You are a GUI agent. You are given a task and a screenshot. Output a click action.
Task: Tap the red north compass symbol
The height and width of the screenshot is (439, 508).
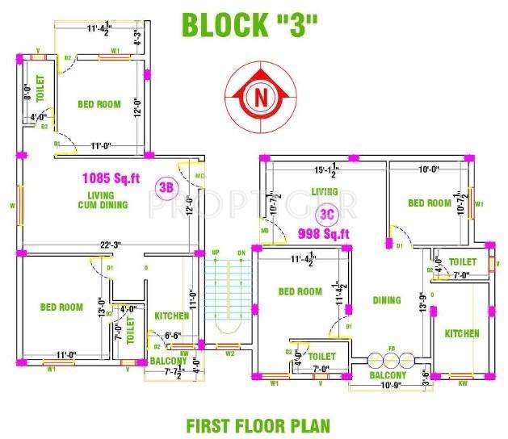coord(260,97)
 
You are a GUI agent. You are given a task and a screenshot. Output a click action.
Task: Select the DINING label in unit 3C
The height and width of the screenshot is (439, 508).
coord(386,300)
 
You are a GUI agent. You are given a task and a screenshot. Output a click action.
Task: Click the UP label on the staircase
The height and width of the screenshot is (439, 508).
coord(216,253)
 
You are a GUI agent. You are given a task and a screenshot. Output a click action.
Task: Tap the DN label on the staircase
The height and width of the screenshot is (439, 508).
coord(241,253)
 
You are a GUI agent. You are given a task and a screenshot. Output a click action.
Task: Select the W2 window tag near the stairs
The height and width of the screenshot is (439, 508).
coord(229,353)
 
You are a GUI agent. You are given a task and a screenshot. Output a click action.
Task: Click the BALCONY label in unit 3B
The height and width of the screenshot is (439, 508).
coord(168,360)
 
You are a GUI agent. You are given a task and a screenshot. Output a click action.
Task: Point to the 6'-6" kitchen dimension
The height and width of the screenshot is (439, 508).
coord(173,335)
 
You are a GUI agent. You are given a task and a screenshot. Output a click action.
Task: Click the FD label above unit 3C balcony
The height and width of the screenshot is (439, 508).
coord(392,349)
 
